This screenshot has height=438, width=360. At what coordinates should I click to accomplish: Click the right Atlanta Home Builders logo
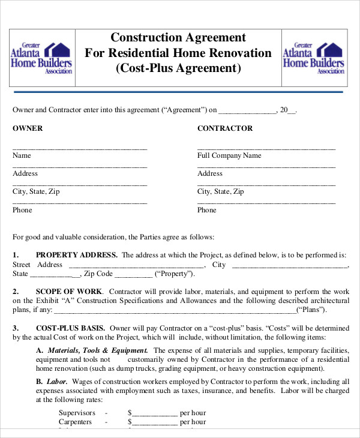click(313, 58)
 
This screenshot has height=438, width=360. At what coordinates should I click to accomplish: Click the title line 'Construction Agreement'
click(178, 38)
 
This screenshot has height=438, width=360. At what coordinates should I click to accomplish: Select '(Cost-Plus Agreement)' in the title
click(178, 68)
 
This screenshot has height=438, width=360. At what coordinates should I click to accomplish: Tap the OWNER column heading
click(28, 128)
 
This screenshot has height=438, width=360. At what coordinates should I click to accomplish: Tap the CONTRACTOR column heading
click(225, 128)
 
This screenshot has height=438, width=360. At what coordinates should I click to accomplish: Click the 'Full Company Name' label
click(229, 155)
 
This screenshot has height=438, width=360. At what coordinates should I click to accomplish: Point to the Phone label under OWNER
click(22, 210)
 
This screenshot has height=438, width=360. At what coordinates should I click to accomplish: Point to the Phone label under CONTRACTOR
click(207, 210)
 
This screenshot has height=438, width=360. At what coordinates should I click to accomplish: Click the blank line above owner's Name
click(80, 148)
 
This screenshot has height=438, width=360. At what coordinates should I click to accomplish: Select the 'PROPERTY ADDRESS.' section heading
click(77, 254)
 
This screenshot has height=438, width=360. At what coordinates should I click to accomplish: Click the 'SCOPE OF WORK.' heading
click(69, 291)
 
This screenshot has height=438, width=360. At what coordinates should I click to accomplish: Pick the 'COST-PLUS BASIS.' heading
click(71, 328)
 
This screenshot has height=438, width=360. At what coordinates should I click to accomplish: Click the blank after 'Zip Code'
click(133, 275)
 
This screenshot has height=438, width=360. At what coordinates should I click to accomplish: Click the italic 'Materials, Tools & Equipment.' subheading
click(98, 350)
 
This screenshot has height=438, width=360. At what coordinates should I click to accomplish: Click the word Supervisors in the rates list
click(77, 413)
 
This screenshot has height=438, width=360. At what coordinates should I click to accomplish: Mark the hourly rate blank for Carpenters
click(155, 422)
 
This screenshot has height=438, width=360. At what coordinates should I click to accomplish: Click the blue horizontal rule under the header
click(178, 92)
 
